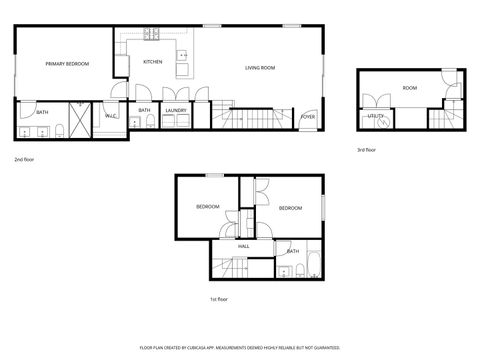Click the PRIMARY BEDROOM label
pyautogui.click(x=67, y=64)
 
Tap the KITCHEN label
pyautogui.click(x=153, y=62)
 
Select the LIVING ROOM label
pyautogui.click(x=260, y=68)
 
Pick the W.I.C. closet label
pyautogui.click(x=110, y=117)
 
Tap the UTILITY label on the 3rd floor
pyautogui.click(x=376, y=116)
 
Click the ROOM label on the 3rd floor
pyautogui.click(x=410, y=88)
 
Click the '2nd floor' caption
pyautogui.click(x=26, y=158)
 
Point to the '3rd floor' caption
pyautogui.click(x=367, y=150)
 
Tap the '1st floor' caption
pyautogui.click(x=219, y=298)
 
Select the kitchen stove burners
pyautogui.click(x=153, y=33)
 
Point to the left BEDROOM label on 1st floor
pyautogui.click(x=207, y=206)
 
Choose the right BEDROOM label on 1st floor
pyautogui.click(x=290, y=208)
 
